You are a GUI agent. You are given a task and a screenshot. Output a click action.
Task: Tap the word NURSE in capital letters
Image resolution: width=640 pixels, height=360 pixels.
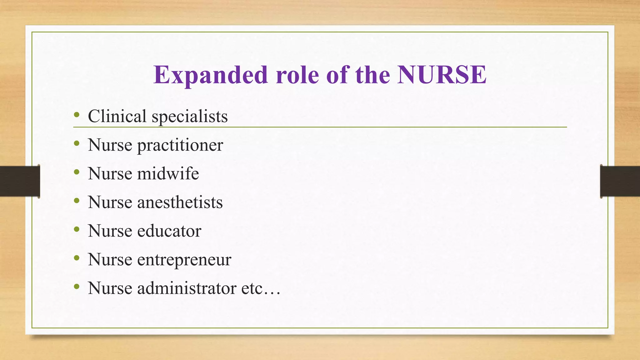click(x=442, y=75)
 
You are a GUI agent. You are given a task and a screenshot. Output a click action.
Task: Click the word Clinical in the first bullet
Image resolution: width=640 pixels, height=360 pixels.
click(x=117, y=116)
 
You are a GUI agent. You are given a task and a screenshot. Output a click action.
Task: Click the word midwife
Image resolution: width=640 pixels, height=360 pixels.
click(x=168, y=173)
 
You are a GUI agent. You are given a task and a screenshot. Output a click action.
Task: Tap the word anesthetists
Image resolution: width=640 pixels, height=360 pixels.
click(x=180, y=202)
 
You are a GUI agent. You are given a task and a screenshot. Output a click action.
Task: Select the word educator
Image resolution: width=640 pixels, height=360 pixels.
click(x=169, y=231)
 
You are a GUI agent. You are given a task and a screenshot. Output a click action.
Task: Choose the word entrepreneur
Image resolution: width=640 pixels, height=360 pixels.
click(x=184, y=260)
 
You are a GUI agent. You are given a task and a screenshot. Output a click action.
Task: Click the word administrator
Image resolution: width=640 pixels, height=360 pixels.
click(x=187, y=288)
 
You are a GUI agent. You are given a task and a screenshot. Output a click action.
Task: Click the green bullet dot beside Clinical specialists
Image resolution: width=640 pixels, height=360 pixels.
click(x=77, y=115)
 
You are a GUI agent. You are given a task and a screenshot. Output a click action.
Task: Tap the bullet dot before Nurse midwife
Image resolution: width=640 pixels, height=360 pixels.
click(x=77, y=172)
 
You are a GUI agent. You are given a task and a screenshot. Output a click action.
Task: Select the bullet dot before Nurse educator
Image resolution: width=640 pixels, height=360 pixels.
click(x=77, y=230)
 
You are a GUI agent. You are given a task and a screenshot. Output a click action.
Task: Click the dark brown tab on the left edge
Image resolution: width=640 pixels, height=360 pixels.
click(x=20, y=181)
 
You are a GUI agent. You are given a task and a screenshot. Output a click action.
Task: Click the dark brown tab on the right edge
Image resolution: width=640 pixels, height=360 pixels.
click(x=620, y=181)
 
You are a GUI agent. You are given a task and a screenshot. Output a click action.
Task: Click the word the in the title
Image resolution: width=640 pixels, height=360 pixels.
click(x=372, y=75)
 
